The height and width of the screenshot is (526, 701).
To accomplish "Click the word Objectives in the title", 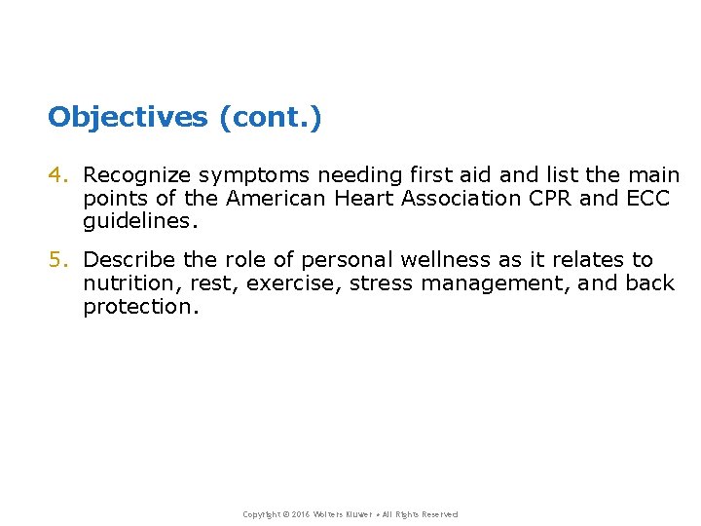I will [128, 118].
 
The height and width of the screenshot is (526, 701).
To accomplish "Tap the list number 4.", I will [57, 175].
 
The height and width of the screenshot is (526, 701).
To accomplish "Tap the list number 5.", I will [57, 260].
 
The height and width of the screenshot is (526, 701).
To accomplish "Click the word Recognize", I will [137, 175].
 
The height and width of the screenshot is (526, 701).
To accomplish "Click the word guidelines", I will [139, 222].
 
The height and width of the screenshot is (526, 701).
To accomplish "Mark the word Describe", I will [129, 260].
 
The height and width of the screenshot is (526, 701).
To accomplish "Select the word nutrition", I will [122, 283].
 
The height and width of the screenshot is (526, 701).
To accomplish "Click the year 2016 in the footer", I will [298, 514].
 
